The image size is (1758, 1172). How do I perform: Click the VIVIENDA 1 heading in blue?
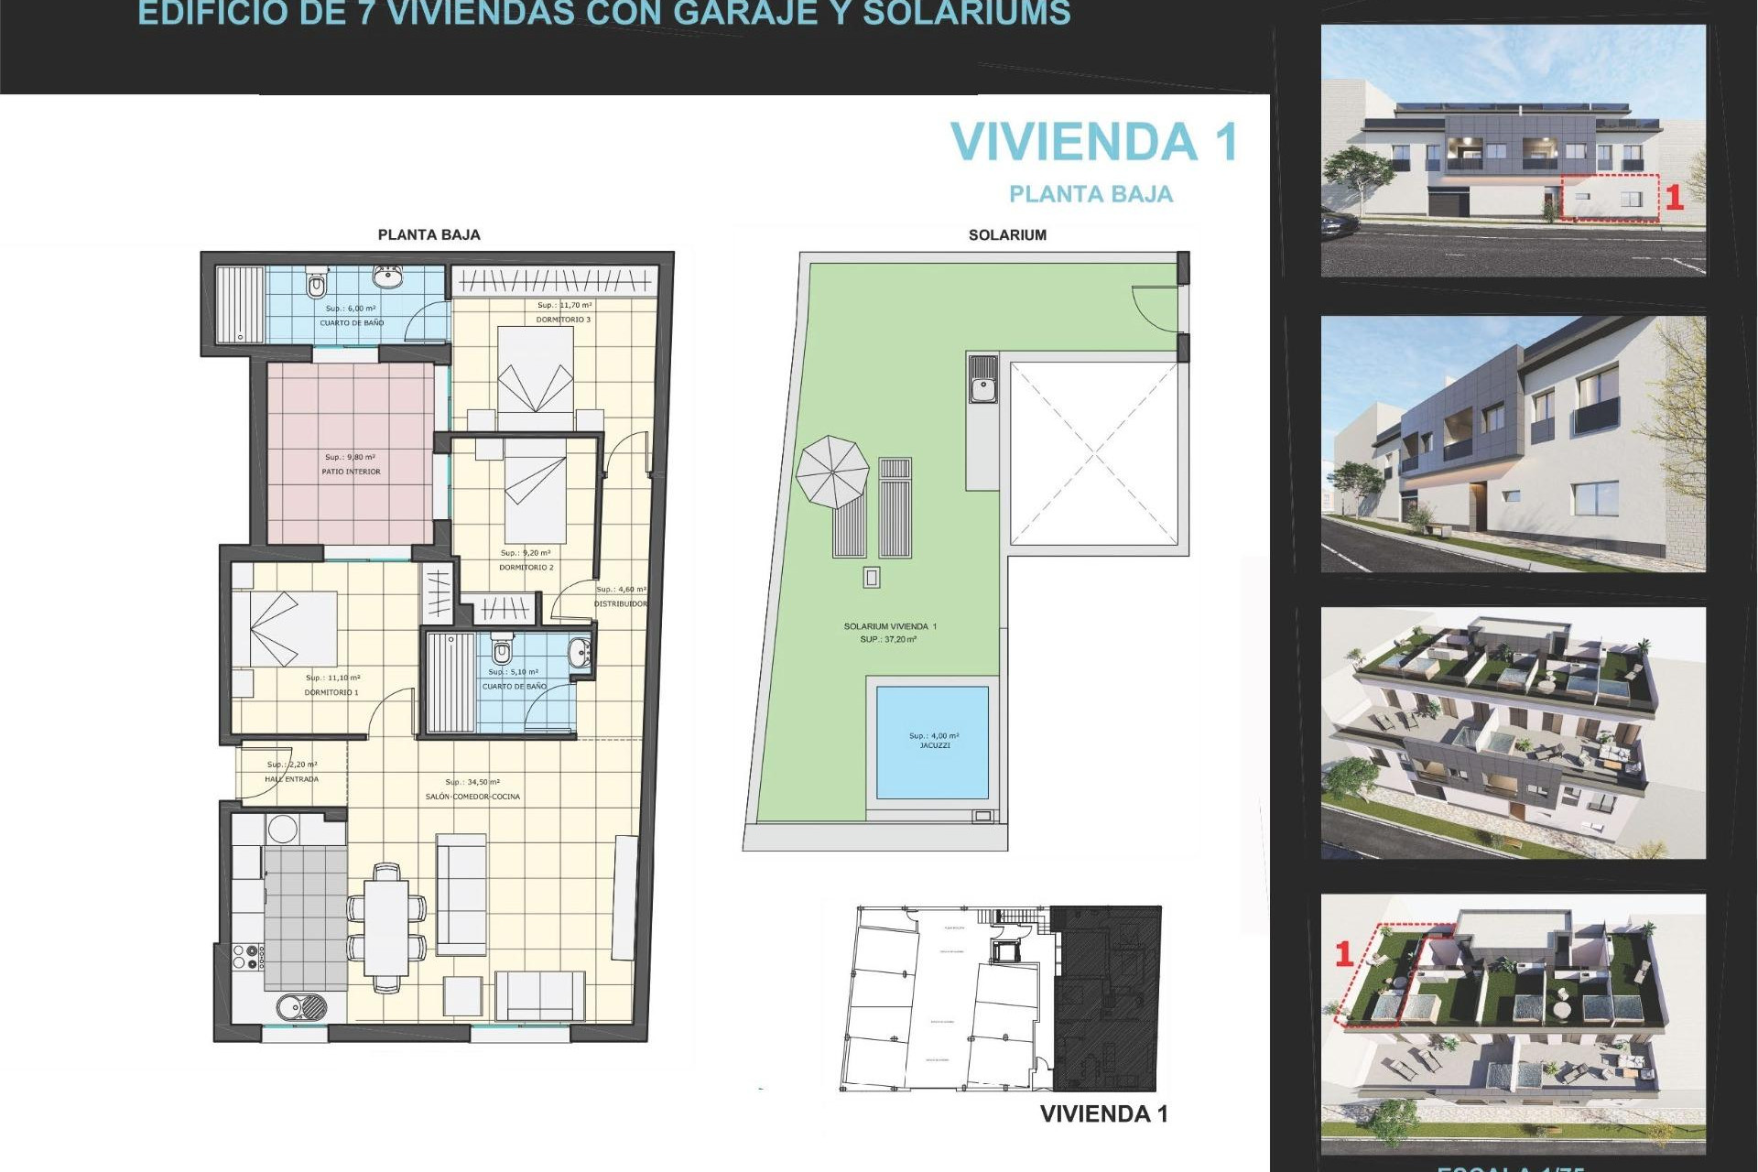[x=1094, y=143]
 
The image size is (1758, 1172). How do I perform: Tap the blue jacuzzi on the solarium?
[x=932, y=742]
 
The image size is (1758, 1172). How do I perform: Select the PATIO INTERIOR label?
[x=351, y=472]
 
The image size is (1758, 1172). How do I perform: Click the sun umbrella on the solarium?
[x=831, y=472]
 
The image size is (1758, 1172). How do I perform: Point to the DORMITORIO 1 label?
[x=331, y=693]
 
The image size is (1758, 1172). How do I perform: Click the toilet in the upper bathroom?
[x=317, y=285]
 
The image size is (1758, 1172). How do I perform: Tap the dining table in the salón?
[x=386, y=927]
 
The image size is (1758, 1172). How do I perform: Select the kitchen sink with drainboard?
[x=301, y=1007]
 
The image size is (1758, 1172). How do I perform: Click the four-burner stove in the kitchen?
[x=247, y=958]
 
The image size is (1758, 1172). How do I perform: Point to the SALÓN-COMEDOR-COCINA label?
[x=472, y=797]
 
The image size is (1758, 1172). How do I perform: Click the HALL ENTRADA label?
[x=291, y=779]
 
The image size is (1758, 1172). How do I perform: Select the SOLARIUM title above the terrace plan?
[x=1007, y=235]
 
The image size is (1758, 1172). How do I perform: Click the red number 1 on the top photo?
[x=1674, y=198]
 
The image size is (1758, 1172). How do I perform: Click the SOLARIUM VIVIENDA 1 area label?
[x=889, y=627]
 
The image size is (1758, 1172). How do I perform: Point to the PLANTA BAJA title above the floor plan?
[x=429, y=235]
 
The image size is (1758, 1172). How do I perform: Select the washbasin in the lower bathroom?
[x=580, y=654]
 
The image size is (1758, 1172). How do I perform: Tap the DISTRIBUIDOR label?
[x=620, y=604]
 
